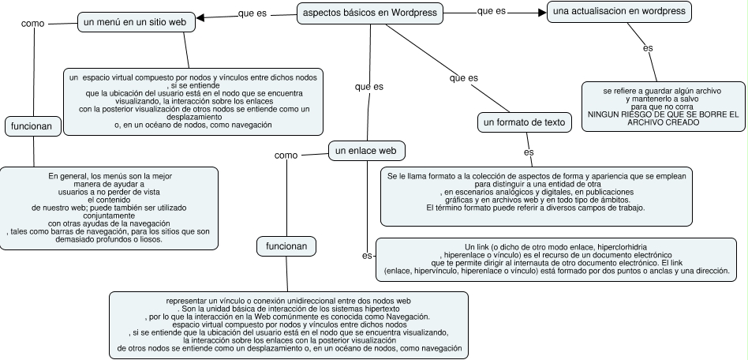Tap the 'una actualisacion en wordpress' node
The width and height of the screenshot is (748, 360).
[x=619, y=12]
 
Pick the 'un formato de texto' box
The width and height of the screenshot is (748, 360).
[x=524, y=122]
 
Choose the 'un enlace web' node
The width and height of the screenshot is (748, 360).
[x=365, y=150]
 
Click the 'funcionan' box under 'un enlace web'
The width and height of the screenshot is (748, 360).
[x=286, y=246]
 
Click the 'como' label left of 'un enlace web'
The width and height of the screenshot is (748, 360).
[x=286, y=156]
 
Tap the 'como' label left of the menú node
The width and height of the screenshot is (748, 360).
[x=33, y=24]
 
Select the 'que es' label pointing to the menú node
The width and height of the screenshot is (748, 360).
[x=252, y=14]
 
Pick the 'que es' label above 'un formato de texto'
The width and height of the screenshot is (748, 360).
[x=463, y=78]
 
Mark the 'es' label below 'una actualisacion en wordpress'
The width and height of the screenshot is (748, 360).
[x=648, y=48]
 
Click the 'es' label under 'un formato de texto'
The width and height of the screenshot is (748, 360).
[x=529, y=152]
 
